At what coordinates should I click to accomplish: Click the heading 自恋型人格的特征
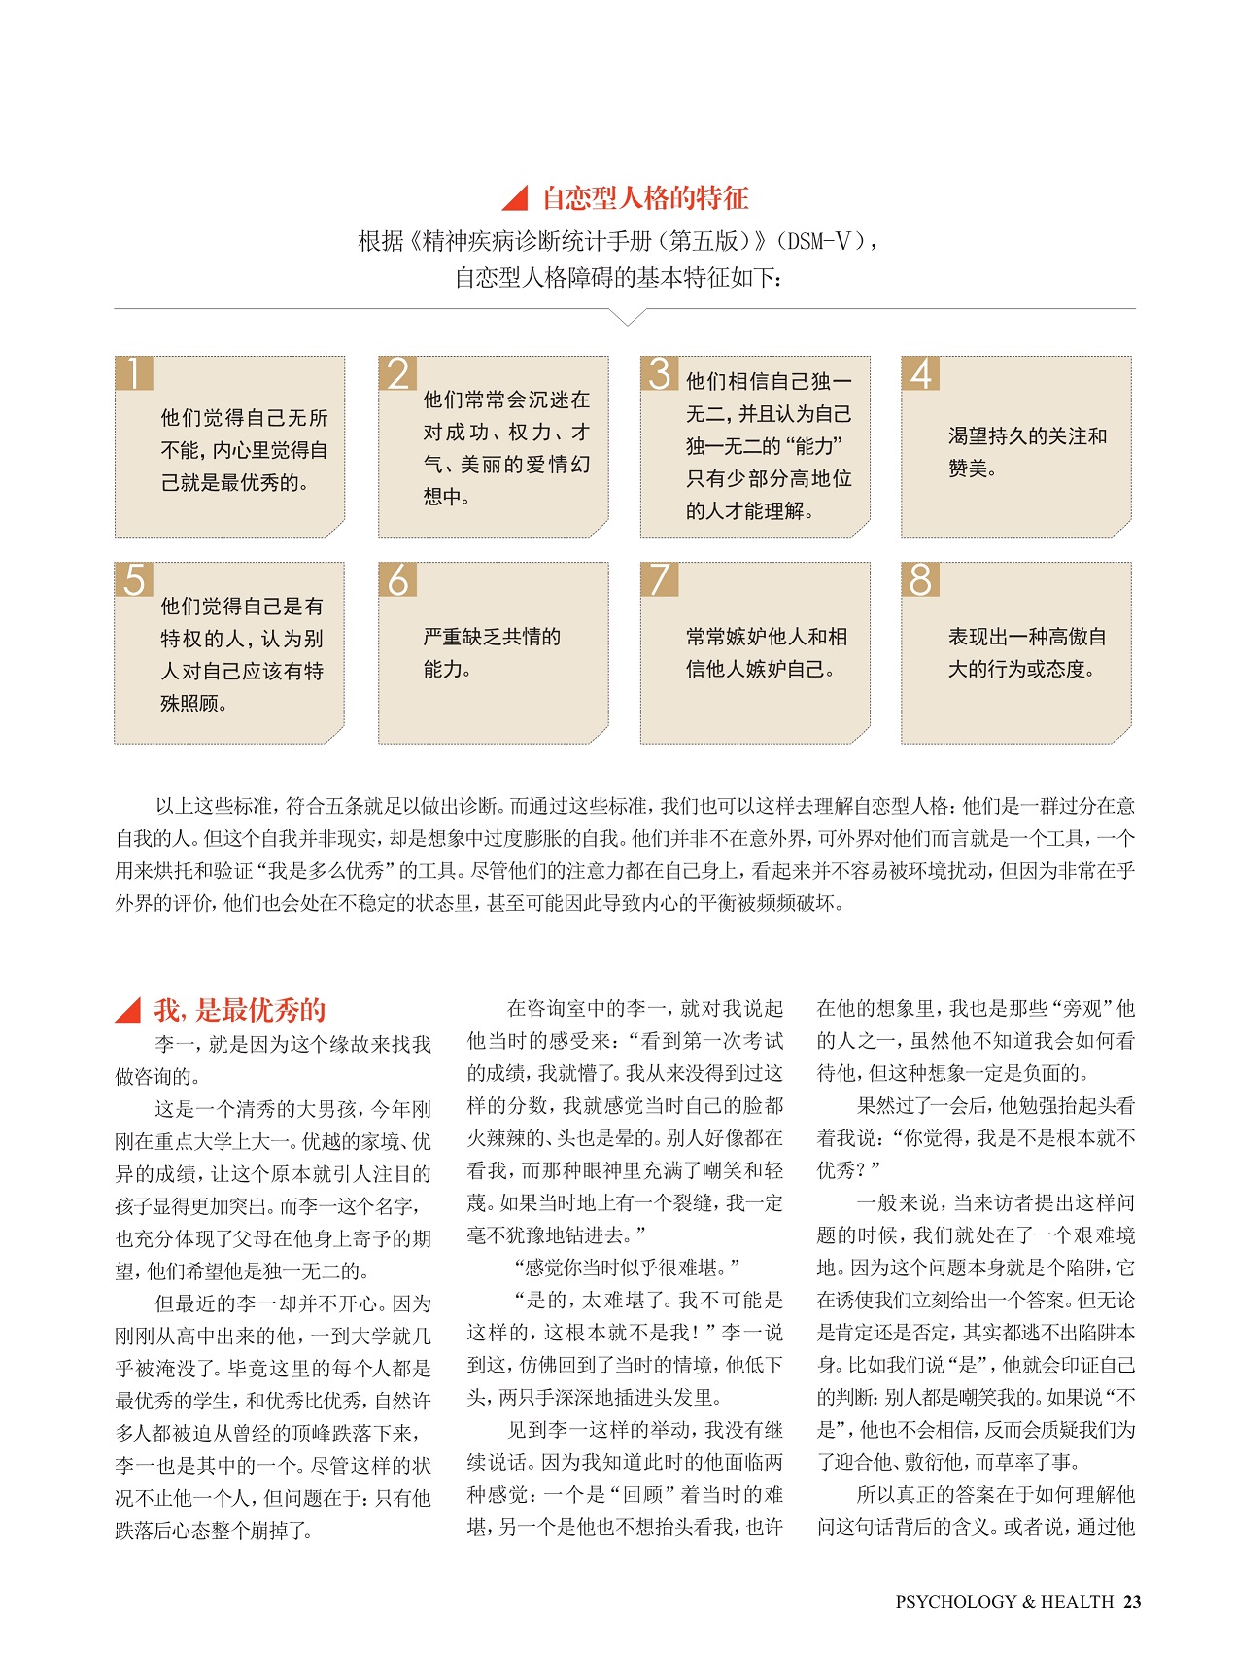pos(644,198)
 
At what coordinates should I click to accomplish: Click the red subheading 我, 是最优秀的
pos(239,1010)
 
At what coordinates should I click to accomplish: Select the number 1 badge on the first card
pos(133,373)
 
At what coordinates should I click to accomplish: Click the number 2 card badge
pos(397,373)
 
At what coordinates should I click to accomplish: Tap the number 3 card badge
pos(659,373)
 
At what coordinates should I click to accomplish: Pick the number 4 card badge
pos(920,373)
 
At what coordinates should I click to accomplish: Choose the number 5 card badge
pos(133,579)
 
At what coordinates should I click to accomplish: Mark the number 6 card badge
pos(397,579)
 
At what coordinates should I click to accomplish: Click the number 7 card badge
pos(659,579)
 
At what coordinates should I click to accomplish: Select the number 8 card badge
pos(920,579)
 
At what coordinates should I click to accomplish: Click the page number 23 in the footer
pos(1132,1602)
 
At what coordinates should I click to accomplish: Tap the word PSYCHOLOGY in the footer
pos(955,1602)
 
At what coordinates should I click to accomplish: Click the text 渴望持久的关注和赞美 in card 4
pos(1027,452)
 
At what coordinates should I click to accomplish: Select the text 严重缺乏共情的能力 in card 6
pos(492,652)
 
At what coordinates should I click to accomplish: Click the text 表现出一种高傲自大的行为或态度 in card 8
pos(1027,652)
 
